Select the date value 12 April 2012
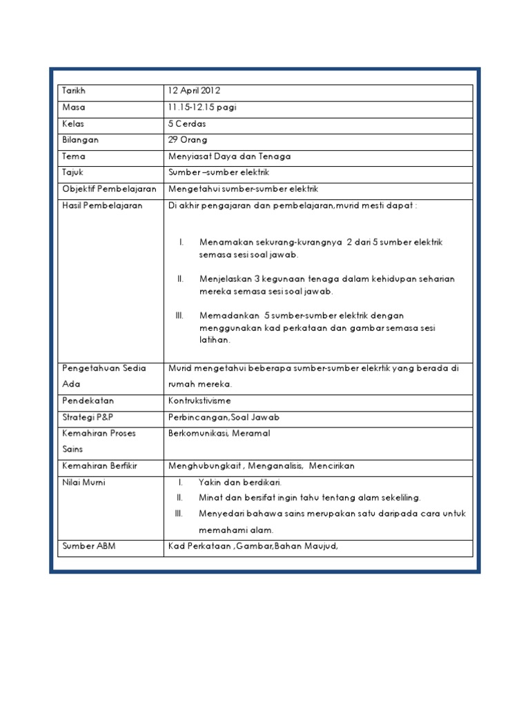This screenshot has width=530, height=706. [195, 91]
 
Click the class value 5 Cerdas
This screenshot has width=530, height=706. [187, 124]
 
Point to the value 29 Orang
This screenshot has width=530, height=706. [188, 140]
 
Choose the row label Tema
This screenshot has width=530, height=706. [73, 157]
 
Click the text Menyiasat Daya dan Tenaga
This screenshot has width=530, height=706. [229, 157]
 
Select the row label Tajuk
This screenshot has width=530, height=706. [72, 172]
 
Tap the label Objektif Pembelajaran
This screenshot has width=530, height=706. [109, 189]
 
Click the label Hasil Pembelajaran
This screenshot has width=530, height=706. [102, 205]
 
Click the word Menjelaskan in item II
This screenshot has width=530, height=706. [225, 279]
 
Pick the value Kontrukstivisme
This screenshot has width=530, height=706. [199, 401]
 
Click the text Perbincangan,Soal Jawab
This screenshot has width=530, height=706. [224, 417]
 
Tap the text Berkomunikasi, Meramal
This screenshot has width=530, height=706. [219, 433]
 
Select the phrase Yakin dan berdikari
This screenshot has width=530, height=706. [240, 483]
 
